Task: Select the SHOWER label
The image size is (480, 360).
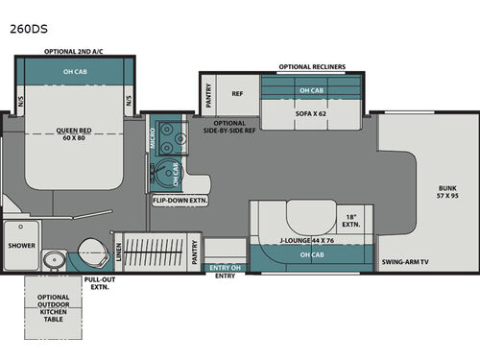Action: [21, 245]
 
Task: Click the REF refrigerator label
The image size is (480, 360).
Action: [236, 94]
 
